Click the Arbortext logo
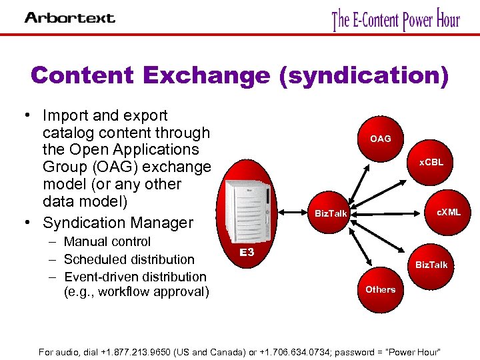click(69, 17)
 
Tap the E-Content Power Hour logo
click(396, 20)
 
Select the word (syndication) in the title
click(364, 75)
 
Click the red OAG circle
click(381, 139)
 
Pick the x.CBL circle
click(431, 162)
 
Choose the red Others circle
click(380, 289)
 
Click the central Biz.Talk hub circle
click(331, 213)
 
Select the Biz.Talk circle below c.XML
click(431, 265)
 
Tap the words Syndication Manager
click(117, 223)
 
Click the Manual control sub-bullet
click(107, 241)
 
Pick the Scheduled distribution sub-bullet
click(129, 259)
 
